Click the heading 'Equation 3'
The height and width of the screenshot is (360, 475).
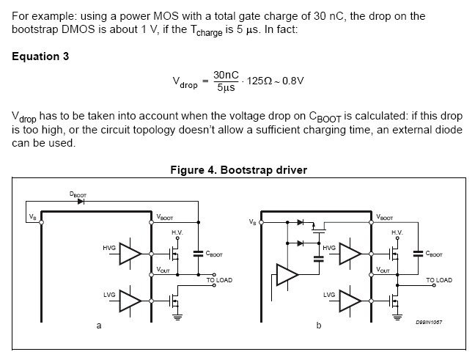pos(41,57)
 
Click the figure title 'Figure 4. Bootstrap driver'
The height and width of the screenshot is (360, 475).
pos(237,170)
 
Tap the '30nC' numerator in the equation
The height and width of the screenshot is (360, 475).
pos(226,75)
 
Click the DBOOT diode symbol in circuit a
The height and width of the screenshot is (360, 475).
pos(81,202)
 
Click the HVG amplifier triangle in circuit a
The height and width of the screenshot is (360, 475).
pos(130,254)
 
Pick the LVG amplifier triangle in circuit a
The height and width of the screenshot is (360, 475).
pos(130,300)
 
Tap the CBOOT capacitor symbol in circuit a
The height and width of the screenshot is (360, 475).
pos(197,254)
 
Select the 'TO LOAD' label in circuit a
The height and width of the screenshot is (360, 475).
pos(219,280)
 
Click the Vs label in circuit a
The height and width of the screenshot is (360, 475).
pos(32,217)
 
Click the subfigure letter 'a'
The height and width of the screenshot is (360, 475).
pos(99,326)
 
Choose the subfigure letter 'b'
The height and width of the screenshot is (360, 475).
pos(318,326)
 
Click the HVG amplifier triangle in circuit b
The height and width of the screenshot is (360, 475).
pos(350,254)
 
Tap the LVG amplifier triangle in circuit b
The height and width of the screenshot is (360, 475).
pos(350,300)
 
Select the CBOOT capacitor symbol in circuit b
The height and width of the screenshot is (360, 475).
pos(417,254)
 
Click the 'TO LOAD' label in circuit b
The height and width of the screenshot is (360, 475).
pos(439,280)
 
